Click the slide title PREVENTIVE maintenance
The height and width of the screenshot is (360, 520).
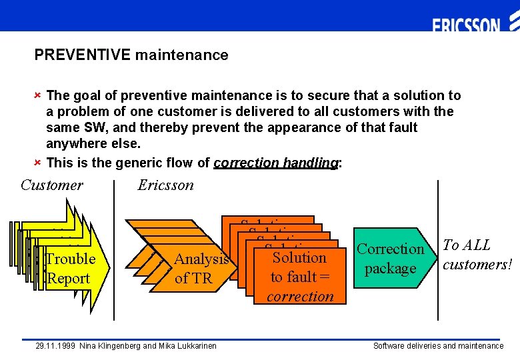coord(131,55)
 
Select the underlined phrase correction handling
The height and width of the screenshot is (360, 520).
coord(276,163)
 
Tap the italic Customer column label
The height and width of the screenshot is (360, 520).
coord(52,185)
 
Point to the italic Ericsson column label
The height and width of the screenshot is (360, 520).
coord(165,185)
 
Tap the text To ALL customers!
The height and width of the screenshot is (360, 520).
coord(476,255)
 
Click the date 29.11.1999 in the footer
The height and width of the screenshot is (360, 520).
coord(55,346)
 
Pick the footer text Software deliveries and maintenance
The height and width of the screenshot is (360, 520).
coord(438,346)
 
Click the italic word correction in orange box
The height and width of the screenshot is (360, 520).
coord(300,296)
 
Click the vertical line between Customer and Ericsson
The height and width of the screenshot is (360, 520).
coord(115,253)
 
